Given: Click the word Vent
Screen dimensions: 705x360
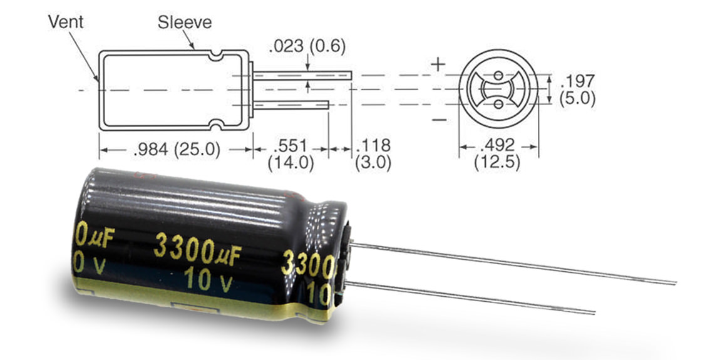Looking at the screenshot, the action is [x=66, y=21].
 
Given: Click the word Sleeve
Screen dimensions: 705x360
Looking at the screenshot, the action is [x=184, y=22].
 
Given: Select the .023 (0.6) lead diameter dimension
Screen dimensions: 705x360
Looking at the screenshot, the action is [x=307, y=46].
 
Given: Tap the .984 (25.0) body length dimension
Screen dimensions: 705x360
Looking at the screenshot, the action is [x=177, y=150].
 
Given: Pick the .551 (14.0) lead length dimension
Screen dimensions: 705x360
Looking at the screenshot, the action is [x=291, y=154].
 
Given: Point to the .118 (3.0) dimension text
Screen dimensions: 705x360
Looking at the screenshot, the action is [x=373, y=154].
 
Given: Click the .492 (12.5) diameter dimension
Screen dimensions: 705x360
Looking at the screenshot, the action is [x=497, y=154].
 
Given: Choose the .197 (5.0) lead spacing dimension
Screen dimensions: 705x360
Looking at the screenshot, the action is [x=577, y=90].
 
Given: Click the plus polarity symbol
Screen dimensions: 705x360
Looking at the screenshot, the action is [x=438, y=64].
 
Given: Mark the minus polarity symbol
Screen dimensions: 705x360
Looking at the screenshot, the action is [x=439, y=120].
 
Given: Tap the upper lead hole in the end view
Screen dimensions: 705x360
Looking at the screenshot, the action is [x=498, y=75].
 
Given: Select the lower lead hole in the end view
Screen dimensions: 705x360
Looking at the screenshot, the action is [x=498, y=105].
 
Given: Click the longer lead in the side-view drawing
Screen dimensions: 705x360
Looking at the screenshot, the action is [x=302, y=75].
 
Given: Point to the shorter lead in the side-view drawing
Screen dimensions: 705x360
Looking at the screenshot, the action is [x=291, y=105].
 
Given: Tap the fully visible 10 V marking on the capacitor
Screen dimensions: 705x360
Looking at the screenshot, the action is [x=208, y=279].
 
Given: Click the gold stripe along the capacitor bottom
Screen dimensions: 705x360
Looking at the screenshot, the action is [x=202, y=299].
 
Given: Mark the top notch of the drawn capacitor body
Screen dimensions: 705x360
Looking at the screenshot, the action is [x=216, y=56].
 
